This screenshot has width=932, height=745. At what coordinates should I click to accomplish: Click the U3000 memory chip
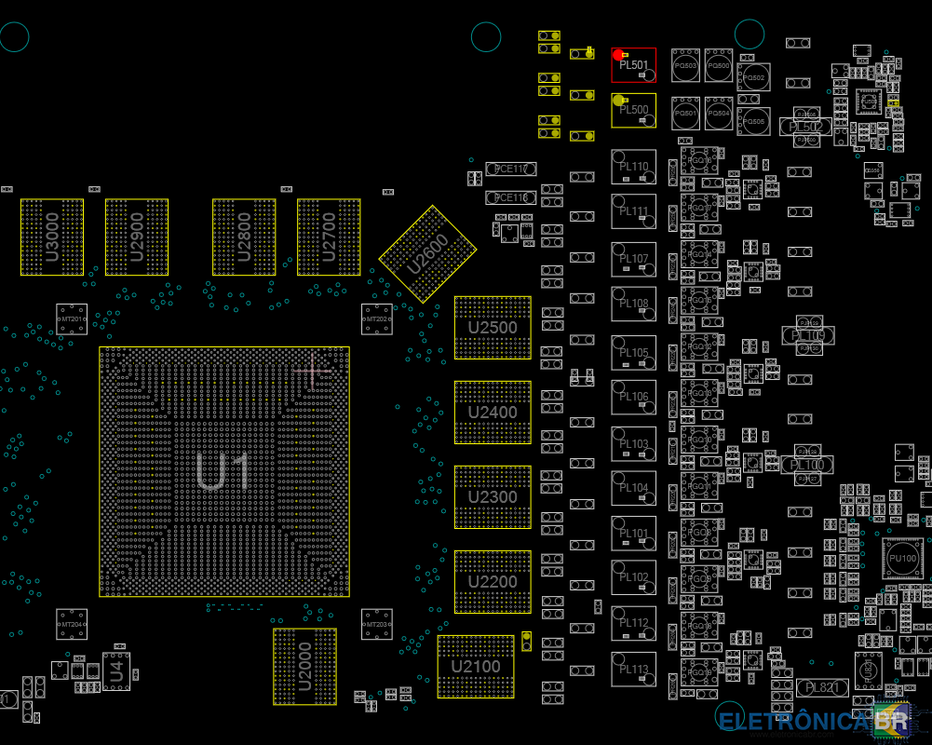(52, 237)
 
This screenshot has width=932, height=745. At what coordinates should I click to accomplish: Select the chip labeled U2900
(137, 237)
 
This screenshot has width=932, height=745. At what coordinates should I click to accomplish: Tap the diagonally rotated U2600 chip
(427, 253)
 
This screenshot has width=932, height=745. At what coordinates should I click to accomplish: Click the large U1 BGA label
(223, 472)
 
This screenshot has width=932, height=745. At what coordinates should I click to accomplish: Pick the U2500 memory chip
(493, 328)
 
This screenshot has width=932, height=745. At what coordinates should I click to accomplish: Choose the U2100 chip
(476, 667)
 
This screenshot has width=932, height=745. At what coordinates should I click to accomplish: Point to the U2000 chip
(304, 666)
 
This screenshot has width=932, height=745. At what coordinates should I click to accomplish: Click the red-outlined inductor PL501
(634, 65)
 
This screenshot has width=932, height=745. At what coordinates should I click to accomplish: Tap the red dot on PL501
(618, 55)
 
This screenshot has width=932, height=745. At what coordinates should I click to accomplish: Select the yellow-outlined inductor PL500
(634, 110)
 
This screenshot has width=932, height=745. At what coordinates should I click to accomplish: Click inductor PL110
(634, 167)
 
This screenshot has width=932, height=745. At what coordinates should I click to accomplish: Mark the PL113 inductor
(634, 670)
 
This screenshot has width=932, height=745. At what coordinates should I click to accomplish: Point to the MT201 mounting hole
(72, 319)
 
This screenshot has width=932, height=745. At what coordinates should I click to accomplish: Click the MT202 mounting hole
(377, 319)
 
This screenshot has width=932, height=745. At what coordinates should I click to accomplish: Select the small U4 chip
(116, 670)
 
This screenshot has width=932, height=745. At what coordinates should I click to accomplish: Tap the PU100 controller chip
(902, 558)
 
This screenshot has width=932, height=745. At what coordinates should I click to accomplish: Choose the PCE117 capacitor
(511, 169)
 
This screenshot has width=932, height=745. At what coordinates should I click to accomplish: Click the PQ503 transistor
(686, 66)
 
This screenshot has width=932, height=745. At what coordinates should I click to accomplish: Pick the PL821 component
(822, 687)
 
